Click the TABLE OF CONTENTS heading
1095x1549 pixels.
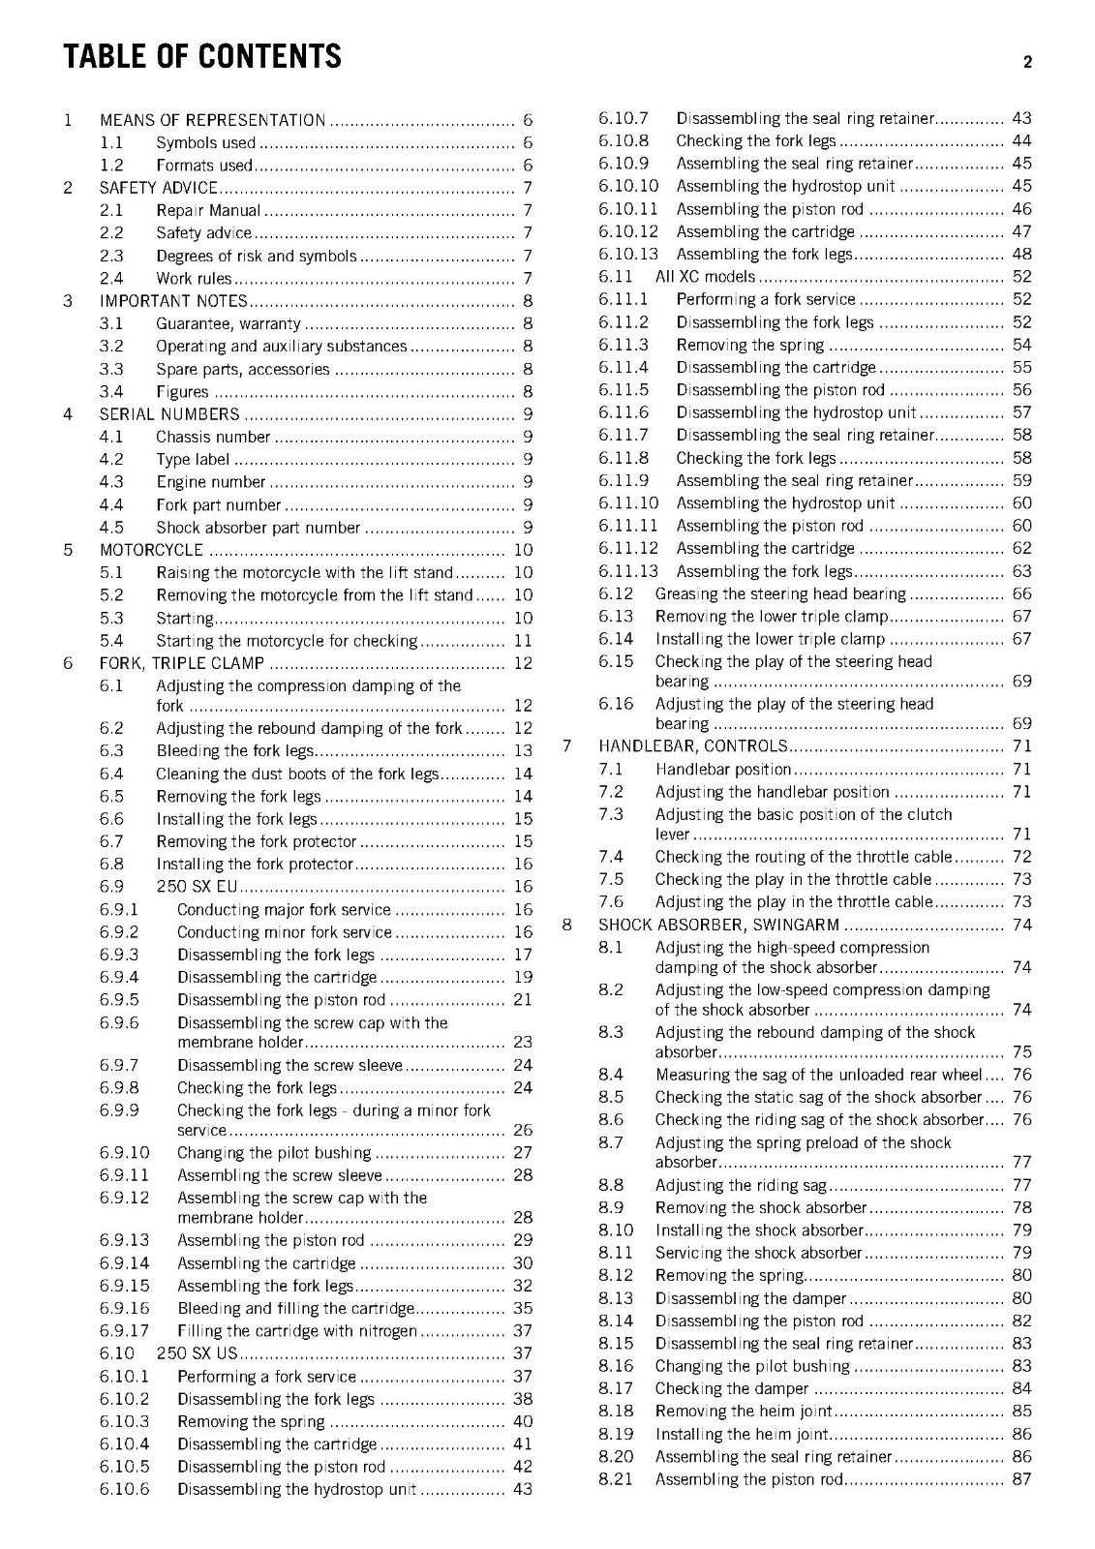[x=202, y=56]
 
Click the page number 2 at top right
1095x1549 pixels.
[x=1027, y=63]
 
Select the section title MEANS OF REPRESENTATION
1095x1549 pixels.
[x=212, y=120]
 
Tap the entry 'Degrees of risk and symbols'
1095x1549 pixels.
[x=256, y=256]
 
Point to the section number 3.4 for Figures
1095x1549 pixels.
[x=111, y=392]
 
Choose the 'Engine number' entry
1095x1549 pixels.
[x=210, y=482]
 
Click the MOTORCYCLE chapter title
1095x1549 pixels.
[x=151, y=550]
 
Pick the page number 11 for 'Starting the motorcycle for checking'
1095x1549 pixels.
[x=523, y=641]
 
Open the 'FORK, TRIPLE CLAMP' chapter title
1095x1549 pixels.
[x=182, y=663]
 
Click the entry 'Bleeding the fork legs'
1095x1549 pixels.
[x=235, y=751]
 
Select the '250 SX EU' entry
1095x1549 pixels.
[x=197, y=887]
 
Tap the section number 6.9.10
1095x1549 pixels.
[x=124, y=1153]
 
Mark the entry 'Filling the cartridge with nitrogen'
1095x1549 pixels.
[x=296, y=1331]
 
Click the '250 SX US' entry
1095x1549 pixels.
[x=197, y=1353]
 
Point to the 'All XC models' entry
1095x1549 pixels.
[x=704, y=277]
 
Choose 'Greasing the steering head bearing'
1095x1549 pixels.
[x=780, y=594]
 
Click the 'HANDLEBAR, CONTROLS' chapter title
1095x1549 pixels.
[x=693, y=746]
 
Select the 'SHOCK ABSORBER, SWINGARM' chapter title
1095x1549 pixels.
[x=719, y=926]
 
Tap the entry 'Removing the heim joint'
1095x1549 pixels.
[x=743, y=1412]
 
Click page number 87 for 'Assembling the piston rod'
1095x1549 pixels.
[x=1021, y=1479]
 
